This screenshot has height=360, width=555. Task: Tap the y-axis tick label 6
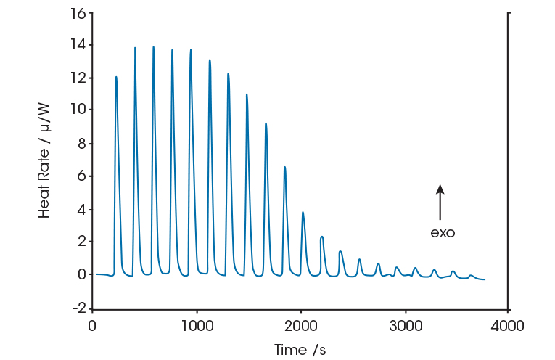click(x=81, y=176)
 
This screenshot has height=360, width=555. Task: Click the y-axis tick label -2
click(x=78, y=308)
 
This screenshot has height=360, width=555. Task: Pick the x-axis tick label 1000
click(x=196, y=325)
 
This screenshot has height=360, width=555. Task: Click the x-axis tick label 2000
click(x=300, y=325)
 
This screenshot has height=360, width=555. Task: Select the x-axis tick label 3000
click(x=403, y=325)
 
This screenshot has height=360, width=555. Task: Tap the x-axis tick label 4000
click(x=507, y=325)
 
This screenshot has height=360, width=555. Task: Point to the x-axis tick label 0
click(x=92, y=325)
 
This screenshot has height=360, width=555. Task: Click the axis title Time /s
click(x=300, y=350)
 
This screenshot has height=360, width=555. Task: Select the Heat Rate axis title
click(x=44, y=161)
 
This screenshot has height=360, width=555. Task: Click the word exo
click(x=443, y=233)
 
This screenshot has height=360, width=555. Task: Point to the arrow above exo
click(x=440, y=202)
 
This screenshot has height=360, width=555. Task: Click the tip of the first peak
click(x=116, y=77)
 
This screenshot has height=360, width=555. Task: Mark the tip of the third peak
click(x=153, y=47)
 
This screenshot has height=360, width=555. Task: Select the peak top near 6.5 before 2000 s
click(x=284, y=167)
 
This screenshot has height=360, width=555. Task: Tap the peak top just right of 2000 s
click(x=303, y=212)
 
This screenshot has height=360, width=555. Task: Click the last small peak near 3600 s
click(x=471, y=275)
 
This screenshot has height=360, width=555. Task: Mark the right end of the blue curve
click(x=485, y=279)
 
